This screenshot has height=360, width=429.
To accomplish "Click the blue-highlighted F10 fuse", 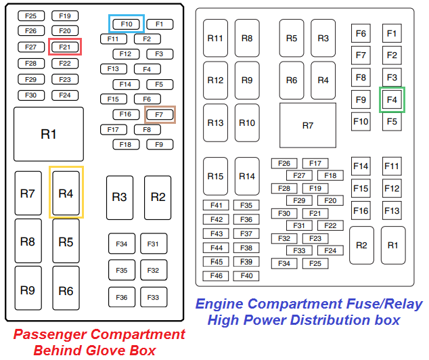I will [x=126, y=24].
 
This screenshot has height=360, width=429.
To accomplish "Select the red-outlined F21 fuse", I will [x=65, y=47].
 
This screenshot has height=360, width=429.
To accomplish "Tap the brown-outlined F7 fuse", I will [x=160, y=114].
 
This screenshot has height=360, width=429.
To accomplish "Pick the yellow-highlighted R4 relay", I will [x=66, y=193].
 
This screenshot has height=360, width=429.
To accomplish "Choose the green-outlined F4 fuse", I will [x=392, y=99].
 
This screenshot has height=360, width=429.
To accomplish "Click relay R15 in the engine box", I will [x=215, y=176].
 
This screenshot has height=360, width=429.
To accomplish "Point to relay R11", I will [x=215, y=39].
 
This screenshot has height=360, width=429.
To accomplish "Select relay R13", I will [x=215, y=123].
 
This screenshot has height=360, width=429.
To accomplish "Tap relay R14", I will [x=247, y=176].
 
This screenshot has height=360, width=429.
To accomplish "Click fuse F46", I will [x=217, y=276].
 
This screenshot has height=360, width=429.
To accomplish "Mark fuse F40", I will [x=246, y=276].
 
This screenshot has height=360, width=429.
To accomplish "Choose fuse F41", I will [x=217, y=205].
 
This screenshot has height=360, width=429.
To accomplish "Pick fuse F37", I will [x=246, y=233].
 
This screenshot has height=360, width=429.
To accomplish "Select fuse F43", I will [x=217, y=233].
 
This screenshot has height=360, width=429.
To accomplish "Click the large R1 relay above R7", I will [x=49, y=134].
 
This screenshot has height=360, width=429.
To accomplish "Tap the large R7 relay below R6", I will [x=307, y=125].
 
